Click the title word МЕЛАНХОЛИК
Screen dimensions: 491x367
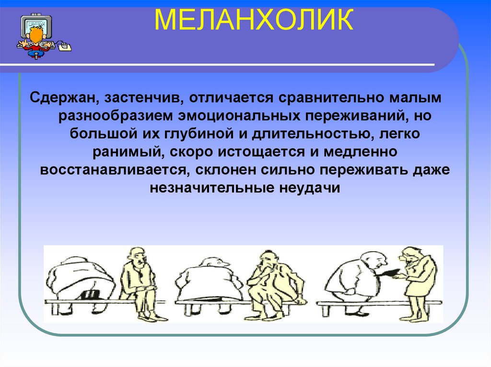click(x=254, y=20)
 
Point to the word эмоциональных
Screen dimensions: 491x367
click(x=240, y=116)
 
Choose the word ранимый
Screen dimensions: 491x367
click(x=129, y=152)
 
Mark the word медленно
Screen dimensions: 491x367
click(x=361, y=152)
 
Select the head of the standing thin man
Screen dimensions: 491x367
click(x=411, y=256)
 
